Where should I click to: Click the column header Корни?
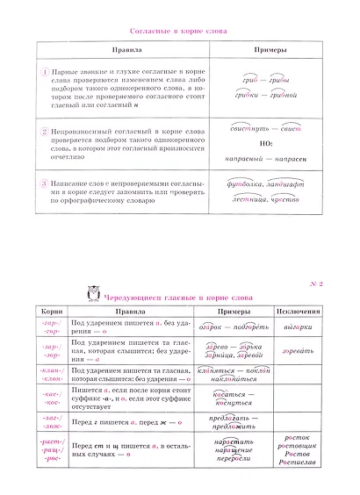click(x=49, y=312)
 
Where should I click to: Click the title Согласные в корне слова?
click(x=178, y=32)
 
